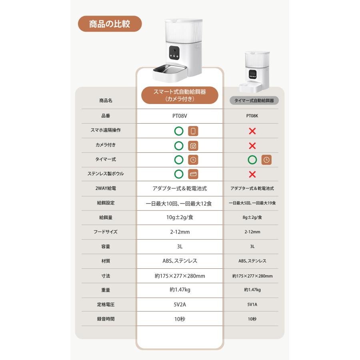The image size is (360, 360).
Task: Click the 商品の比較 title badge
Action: (x=110, y=24)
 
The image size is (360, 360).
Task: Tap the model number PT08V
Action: (x=180, y=116)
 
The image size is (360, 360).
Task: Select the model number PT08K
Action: (x=252, y=116)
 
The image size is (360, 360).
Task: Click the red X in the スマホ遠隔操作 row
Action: (x=252, y=131)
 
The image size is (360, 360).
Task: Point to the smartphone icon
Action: (x=193, y=131)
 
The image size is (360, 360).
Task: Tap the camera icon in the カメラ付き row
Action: (x=193, y=146)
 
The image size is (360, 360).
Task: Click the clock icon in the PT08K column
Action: (x=266, y=160)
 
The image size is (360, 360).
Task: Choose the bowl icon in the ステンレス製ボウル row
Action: (x=193, y=174)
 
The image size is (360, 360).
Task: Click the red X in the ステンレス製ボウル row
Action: (x=252, y=174)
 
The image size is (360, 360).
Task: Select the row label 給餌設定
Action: (x=106, y=203)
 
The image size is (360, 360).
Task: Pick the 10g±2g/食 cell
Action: (x=180, y=217)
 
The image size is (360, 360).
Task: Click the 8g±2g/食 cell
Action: (x=252, y=217)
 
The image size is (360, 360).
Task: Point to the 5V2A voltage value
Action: (x=180, y=304)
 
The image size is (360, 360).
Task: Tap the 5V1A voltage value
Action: (x=252, y=304)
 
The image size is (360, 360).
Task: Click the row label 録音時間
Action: (x=106, y=319)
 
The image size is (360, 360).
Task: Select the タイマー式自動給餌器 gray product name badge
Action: (x=254, y=100)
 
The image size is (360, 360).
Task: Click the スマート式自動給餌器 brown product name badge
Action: (x=180, y=95)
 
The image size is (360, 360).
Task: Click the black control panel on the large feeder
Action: (x=174, y=53)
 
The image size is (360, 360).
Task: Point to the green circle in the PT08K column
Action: (x=252, y=160)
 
